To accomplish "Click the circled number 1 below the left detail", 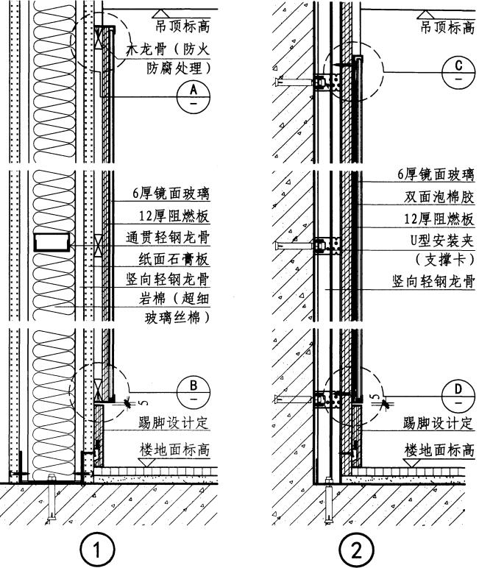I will coord(100,549).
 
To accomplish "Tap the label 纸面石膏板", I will coord(174,259).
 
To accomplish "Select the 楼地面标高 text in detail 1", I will coord(174,449).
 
